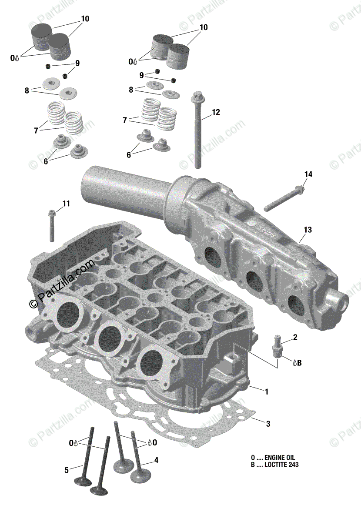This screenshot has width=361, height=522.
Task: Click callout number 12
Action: pos(216,112)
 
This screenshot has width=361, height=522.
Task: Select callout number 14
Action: pos(308,174)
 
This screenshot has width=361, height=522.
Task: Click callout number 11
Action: pos(66,203)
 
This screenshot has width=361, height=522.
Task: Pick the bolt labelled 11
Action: pos(52,224)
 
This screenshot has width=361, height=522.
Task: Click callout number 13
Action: pos(308,229)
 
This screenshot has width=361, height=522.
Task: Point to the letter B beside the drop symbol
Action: pos(299,362)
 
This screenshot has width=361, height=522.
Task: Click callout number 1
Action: pos(267,391)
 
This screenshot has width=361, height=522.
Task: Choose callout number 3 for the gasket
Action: pos(268,423)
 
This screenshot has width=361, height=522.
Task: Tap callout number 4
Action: pos(156,460)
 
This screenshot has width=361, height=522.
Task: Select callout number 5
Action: pos(67,470)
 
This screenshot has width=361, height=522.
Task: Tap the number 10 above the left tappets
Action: pos(85,19)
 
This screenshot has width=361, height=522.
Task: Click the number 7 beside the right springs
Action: pos(125,120)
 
